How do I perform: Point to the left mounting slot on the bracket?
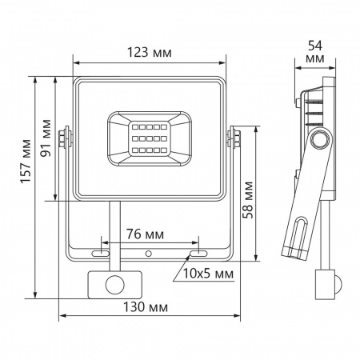point(102,253)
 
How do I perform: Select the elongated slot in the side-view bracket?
point(297,237)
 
